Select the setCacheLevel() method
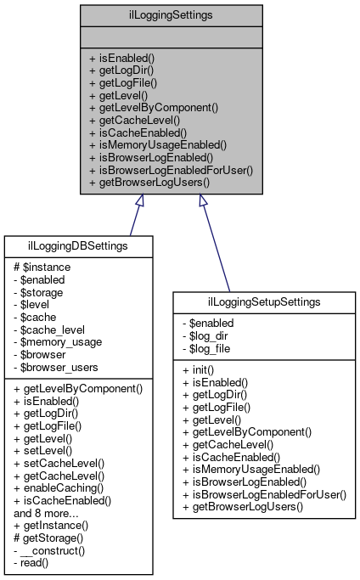pyautogui.click(x=59, y=463)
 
